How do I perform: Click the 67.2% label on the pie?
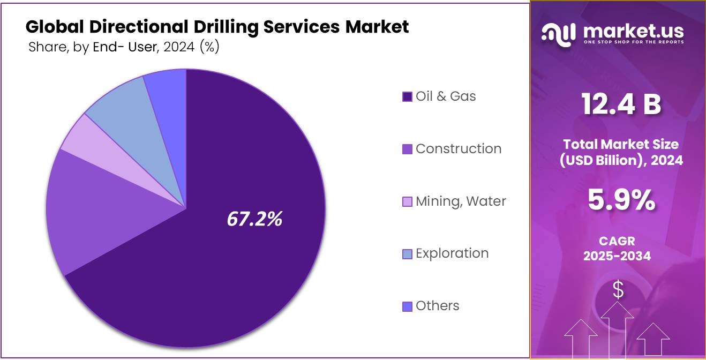click(x=254, y=219)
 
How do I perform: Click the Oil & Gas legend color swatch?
click(x=407, y=96)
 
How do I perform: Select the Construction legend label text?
click(x=459, y=148)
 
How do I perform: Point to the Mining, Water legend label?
click(x=461, y=201)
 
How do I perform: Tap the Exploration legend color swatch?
click(x=407, y=254)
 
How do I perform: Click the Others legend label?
click(x=438, y=305)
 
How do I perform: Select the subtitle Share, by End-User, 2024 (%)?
click(x=124, y=47)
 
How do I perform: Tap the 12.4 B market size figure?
click(x=621, y=104)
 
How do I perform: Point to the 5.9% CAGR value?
click(x=621, y=200)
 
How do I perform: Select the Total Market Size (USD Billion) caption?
click(x=621, y=152)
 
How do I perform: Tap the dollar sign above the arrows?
click(x=618, y=290)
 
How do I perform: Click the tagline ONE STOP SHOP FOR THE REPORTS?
click(x=633, y=42)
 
